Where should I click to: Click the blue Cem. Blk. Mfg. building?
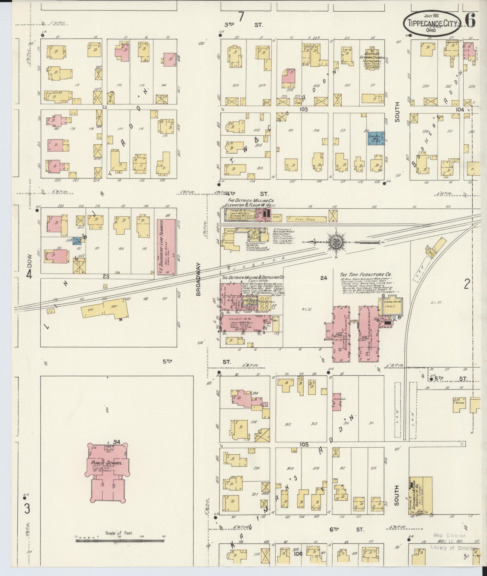click(x=376, y=138)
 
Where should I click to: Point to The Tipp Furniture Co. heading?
click(x=366, y=274)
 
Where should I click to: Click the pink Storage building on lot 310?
click(x=337, y=401)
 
